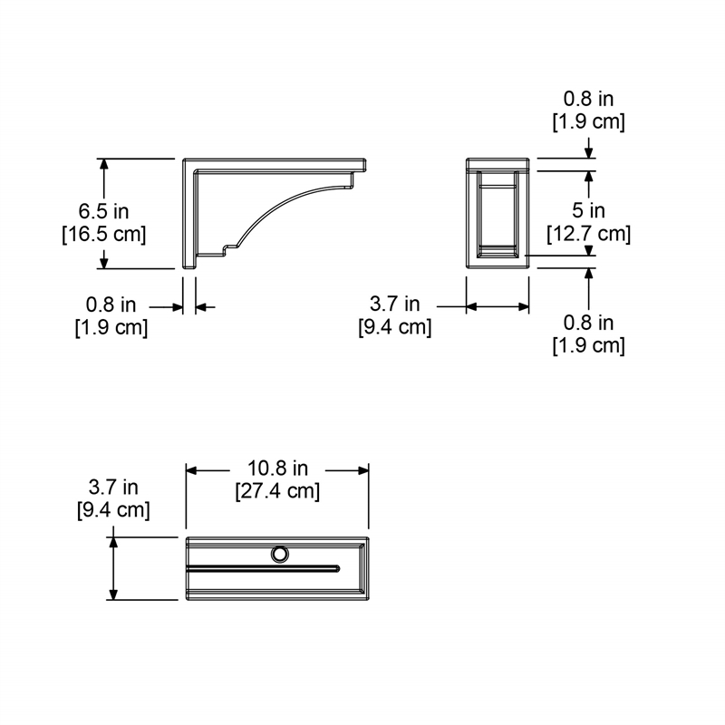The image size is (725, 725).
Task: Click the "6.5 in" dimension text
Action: pos(103,211)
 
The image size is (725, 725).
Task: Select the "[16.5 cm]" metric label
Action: pos(103,233)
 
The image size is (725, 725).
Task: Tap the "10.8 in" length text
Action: pos(278,469)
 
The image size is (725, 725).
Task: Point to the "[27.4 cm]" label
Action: pos(278,492)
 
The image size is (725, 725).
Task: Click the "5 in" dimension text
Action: pos(589,211)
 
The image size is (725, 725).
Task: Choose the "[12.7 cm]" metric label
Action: pos(589,233)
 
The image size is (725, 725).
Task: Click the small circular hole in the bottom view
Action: pos(280,553)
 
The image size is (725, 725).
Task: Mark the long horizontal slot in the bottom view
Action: pos(263,569)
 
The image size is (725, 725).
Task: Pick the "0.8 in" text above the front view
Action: pos(589,100)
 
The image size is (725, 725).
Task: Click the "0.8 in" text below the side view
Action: pos(111,305)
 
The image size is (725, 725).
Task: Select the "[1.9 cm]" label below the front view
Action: pos(589,344)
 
